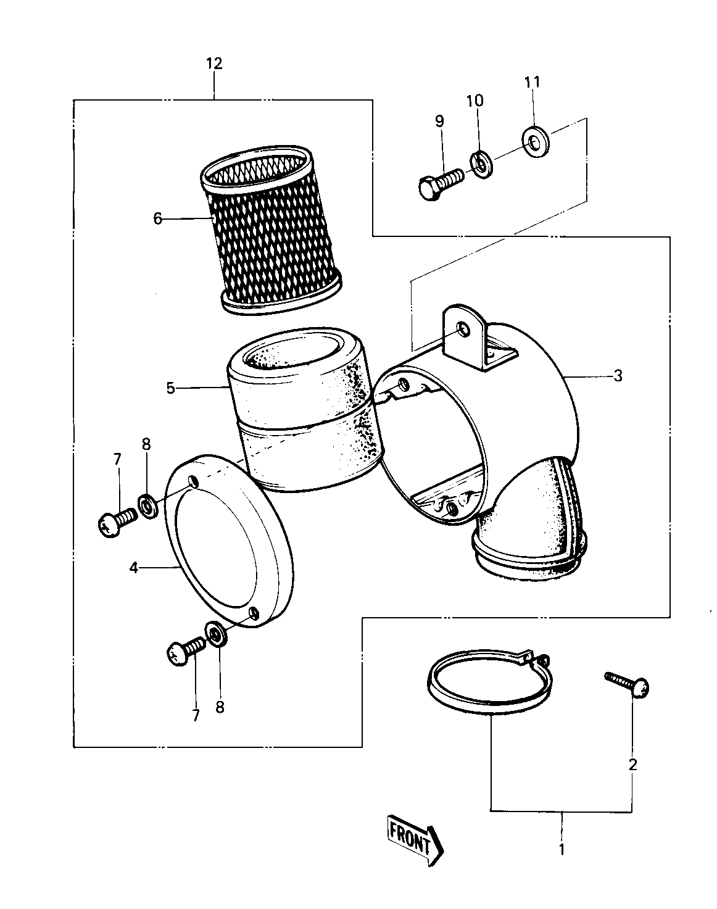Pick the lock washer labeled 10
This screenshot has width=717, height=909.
point(480,164)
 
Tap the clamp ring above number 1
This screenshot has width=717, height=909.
point(487,681)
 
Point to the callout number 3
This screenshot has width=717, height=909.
point(617,375)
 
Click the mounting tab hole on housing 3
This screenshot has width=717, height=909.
point(463,330)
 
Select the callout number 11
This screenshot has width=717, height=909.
point(532,82)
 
